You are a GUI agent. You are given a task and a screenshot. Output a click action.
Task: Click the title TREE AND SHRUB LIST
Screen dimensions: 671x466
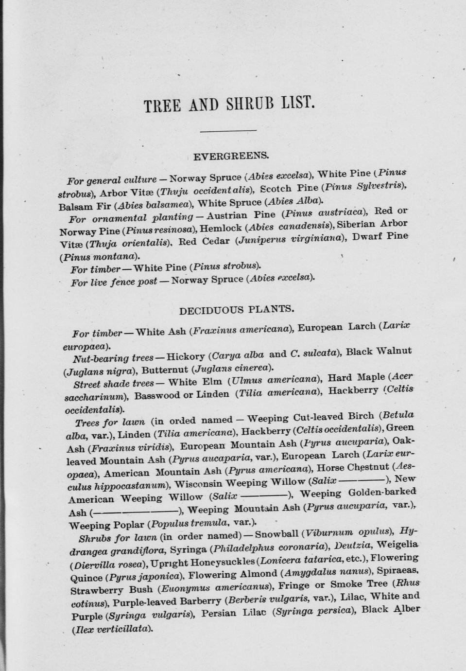[230, 105]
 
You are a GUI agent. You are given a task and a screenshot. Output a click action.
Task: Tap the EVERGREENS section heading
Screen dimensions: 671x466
[231, 157]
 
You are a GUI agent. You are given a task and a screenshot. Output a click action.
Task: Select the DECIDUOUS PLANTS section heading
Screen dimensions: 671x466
[237, 310]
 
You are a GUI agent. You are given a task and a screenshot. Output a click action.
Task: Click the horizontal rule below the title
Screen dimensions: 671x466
[228, 131]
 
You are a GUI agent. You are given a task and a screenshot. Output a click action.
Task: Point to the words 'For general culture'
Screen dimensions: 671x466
[111, 180]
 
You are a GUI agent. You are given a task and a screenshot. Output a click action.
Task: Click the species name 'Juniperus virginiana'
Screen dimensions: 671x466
[290, 239]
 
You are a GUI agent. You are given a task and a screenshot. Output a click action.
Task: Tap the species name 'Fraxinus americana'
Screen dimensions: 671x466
[242, 330]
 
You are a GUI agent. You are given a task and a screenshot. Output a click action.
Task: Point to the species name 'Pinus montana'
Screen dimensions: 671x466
[99, 256]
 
